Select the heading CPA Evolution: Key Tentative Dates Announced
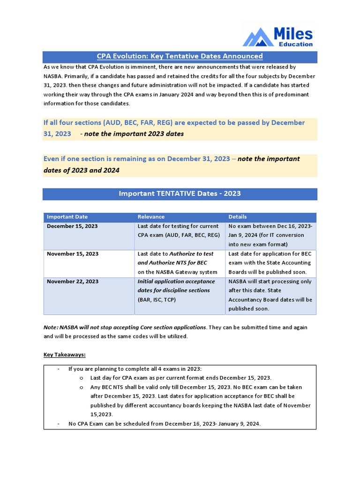tap(180, 56)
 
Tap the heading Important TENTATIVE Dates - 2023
tap(180, 193)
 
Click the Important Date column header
tap(67, 217)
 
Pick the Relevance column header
tap(151, 217)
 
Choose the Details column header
tap(237, 217)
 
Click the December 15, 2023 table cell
tap(72, 226)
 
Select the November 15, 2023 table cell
tap(73, 254)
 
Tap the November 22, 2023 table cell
tap(73, 281)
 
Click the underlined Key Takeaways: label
tap(65, 354)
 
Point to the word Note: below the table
tap(51, 327)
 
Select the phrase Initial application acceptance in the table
tap(176, 281)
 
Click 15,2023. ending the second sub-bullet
tap(102, 414)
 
